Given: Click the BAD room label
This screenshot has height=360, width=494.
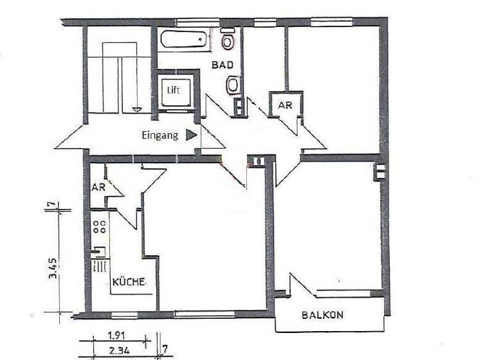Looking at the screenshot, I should point(223,64).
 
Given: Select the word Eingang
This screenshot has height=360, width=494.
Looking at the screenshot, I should point(160,135).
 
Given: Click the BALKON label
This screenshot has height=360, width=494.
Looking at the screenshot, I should point(323,315).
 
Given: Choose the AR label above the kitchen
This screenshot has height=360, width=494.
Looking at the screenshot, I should point(98,188).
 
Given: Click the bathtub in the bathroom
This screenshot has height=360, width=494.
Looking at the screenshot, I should point(185,40).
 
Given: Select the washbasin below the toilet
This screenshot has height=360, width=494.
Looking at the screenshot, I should point(232,84).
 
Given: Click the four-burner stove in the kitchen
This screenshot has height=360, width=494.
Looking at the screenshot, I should point(100,226).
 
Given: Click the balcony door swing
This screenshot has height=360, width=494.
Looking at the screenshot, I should point(302,287).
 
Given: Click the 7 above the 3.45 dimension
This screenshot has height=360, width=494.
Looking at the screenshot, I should point(51,205).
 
